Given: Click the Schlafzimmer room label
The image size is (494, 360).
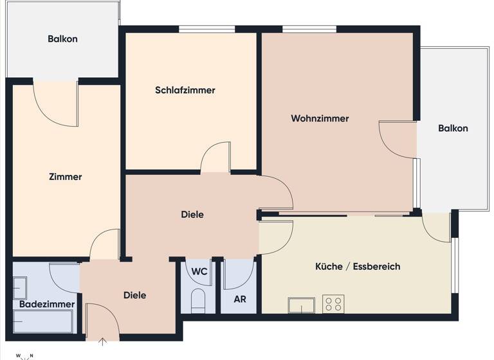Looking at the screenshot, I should pyautogui.click(x=185, y=90).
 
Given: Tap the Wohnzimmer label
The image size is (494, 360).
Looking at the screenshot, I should pyautogui.click(x=320, y=118).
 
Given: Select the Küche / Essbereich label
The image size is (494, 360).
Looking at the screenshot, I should pyautogui.click(x=358, y=266).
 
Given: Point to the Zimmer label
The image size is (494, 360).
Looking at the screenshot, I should pyautogui.click(x=65, y=177).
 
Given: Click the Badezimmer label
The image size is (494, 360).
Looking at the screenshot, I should pyautogui.click(x=47, y=304).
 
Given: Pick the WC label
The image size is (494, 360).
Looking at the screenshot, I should pyautogui.click(x=199, y=271).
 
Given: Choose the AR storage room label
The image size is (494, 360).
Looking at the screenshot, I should pyautogui.click(x=239, y=299).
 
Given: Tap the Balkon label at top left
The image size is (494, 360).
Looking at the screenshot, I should pyautogui.click(x=62, y=39).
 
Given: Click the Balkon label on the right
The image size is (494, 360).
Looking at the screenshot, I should pyautogui.click(x=453, y=128).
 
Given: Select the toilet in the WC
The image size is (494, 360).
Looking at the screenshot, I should pyautogui.click(x=198, y=300).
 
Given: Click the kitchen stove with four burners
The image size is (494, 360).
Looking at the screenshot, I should pyautogui.click(x=333, y=304).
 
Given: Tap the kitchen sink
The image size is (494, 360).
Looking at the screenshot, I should pyautogui.click(x=301, y=305).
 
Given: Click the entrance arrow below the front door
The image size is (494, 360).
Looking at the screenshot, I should pyautogui.click(x=101, y=341).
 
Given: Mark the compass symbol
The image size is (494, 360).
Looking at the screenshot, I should pyautogui.click(x=25, y=355).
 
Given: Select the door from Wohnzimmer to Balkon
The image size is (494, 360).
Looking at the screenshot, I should pyautogui.click(x=398, y=138).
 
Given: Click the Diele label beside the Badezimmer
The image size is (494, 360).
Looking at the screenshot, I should pyautogui.click(x=134, y=295).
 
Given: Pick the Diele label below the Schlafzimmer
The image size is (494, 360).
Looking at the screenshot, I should pyautogui.click(x=192, y=215).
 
